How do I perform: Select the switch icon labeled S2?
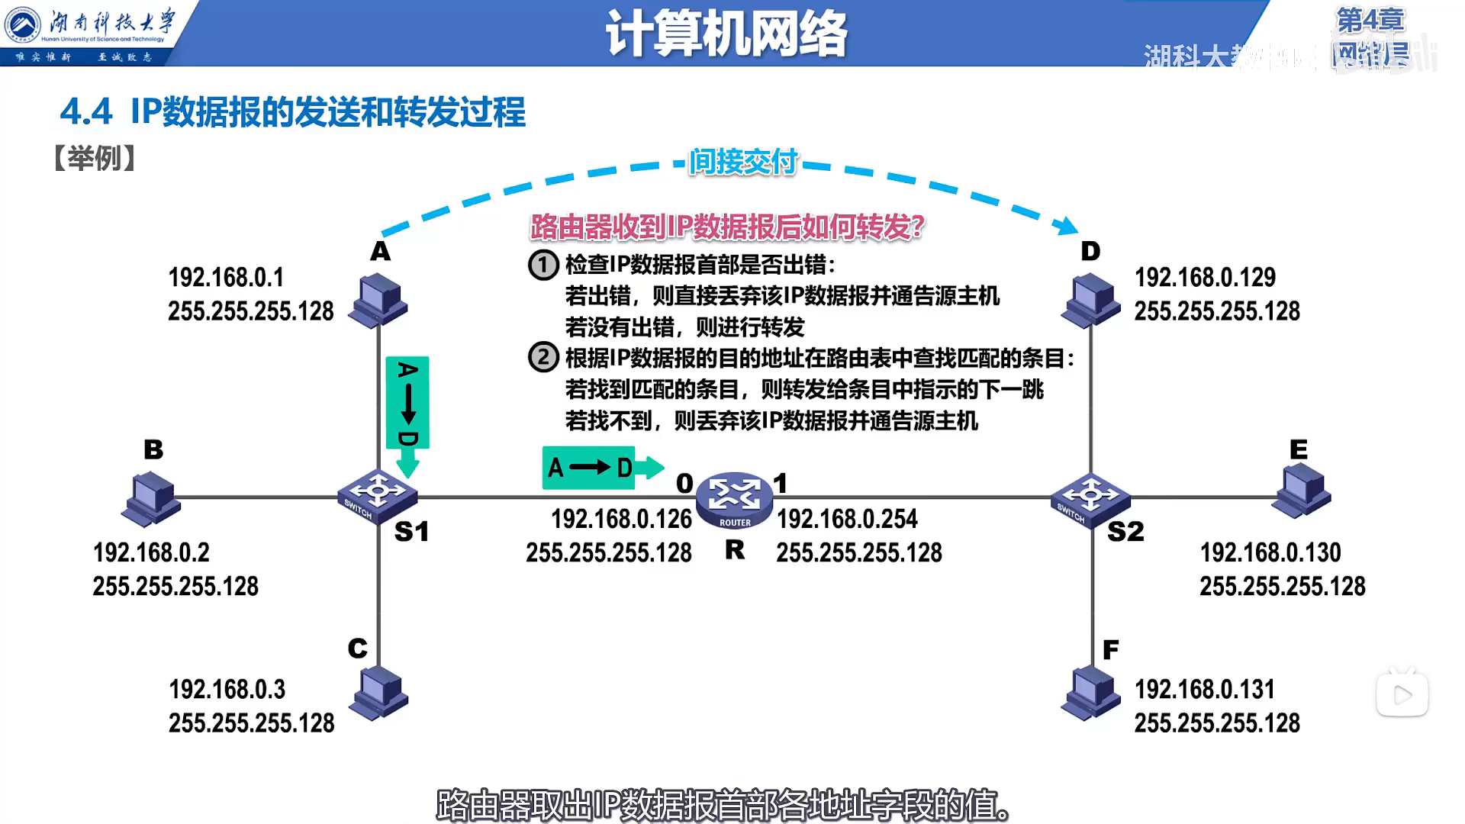coord(1090,500)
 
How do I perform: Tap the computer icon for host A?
coord(378,301)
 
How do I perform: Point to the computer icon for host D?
coord(1091,301)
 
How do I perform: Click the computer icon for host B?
coord(151,498)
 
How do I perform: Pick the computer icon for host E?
coord(1303,492)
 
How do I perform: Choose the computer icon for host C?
coord(378,693)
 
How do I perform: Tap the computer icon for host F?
coord(1091,693)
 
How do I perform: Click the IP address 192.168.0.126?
coord(621,520)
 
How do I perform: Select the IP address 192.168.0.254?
coord(847,520)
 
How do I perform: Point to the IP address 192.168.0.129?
coord(1205,278)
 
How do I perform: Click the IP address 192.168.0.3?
coord(227,690)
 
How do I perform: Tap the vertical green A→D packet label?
coord(407,404)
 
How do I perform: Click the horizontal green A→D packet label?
coord(589,468)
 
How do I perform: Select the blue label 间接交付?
coord(742,162)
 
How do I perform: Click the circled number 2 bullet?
coord(543,358)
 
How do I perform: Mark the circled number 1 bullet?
coord(543,265)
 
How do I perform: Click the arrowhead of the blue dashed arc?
coord(1065,225)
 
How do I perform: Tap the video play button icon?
coord(1402,694)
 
